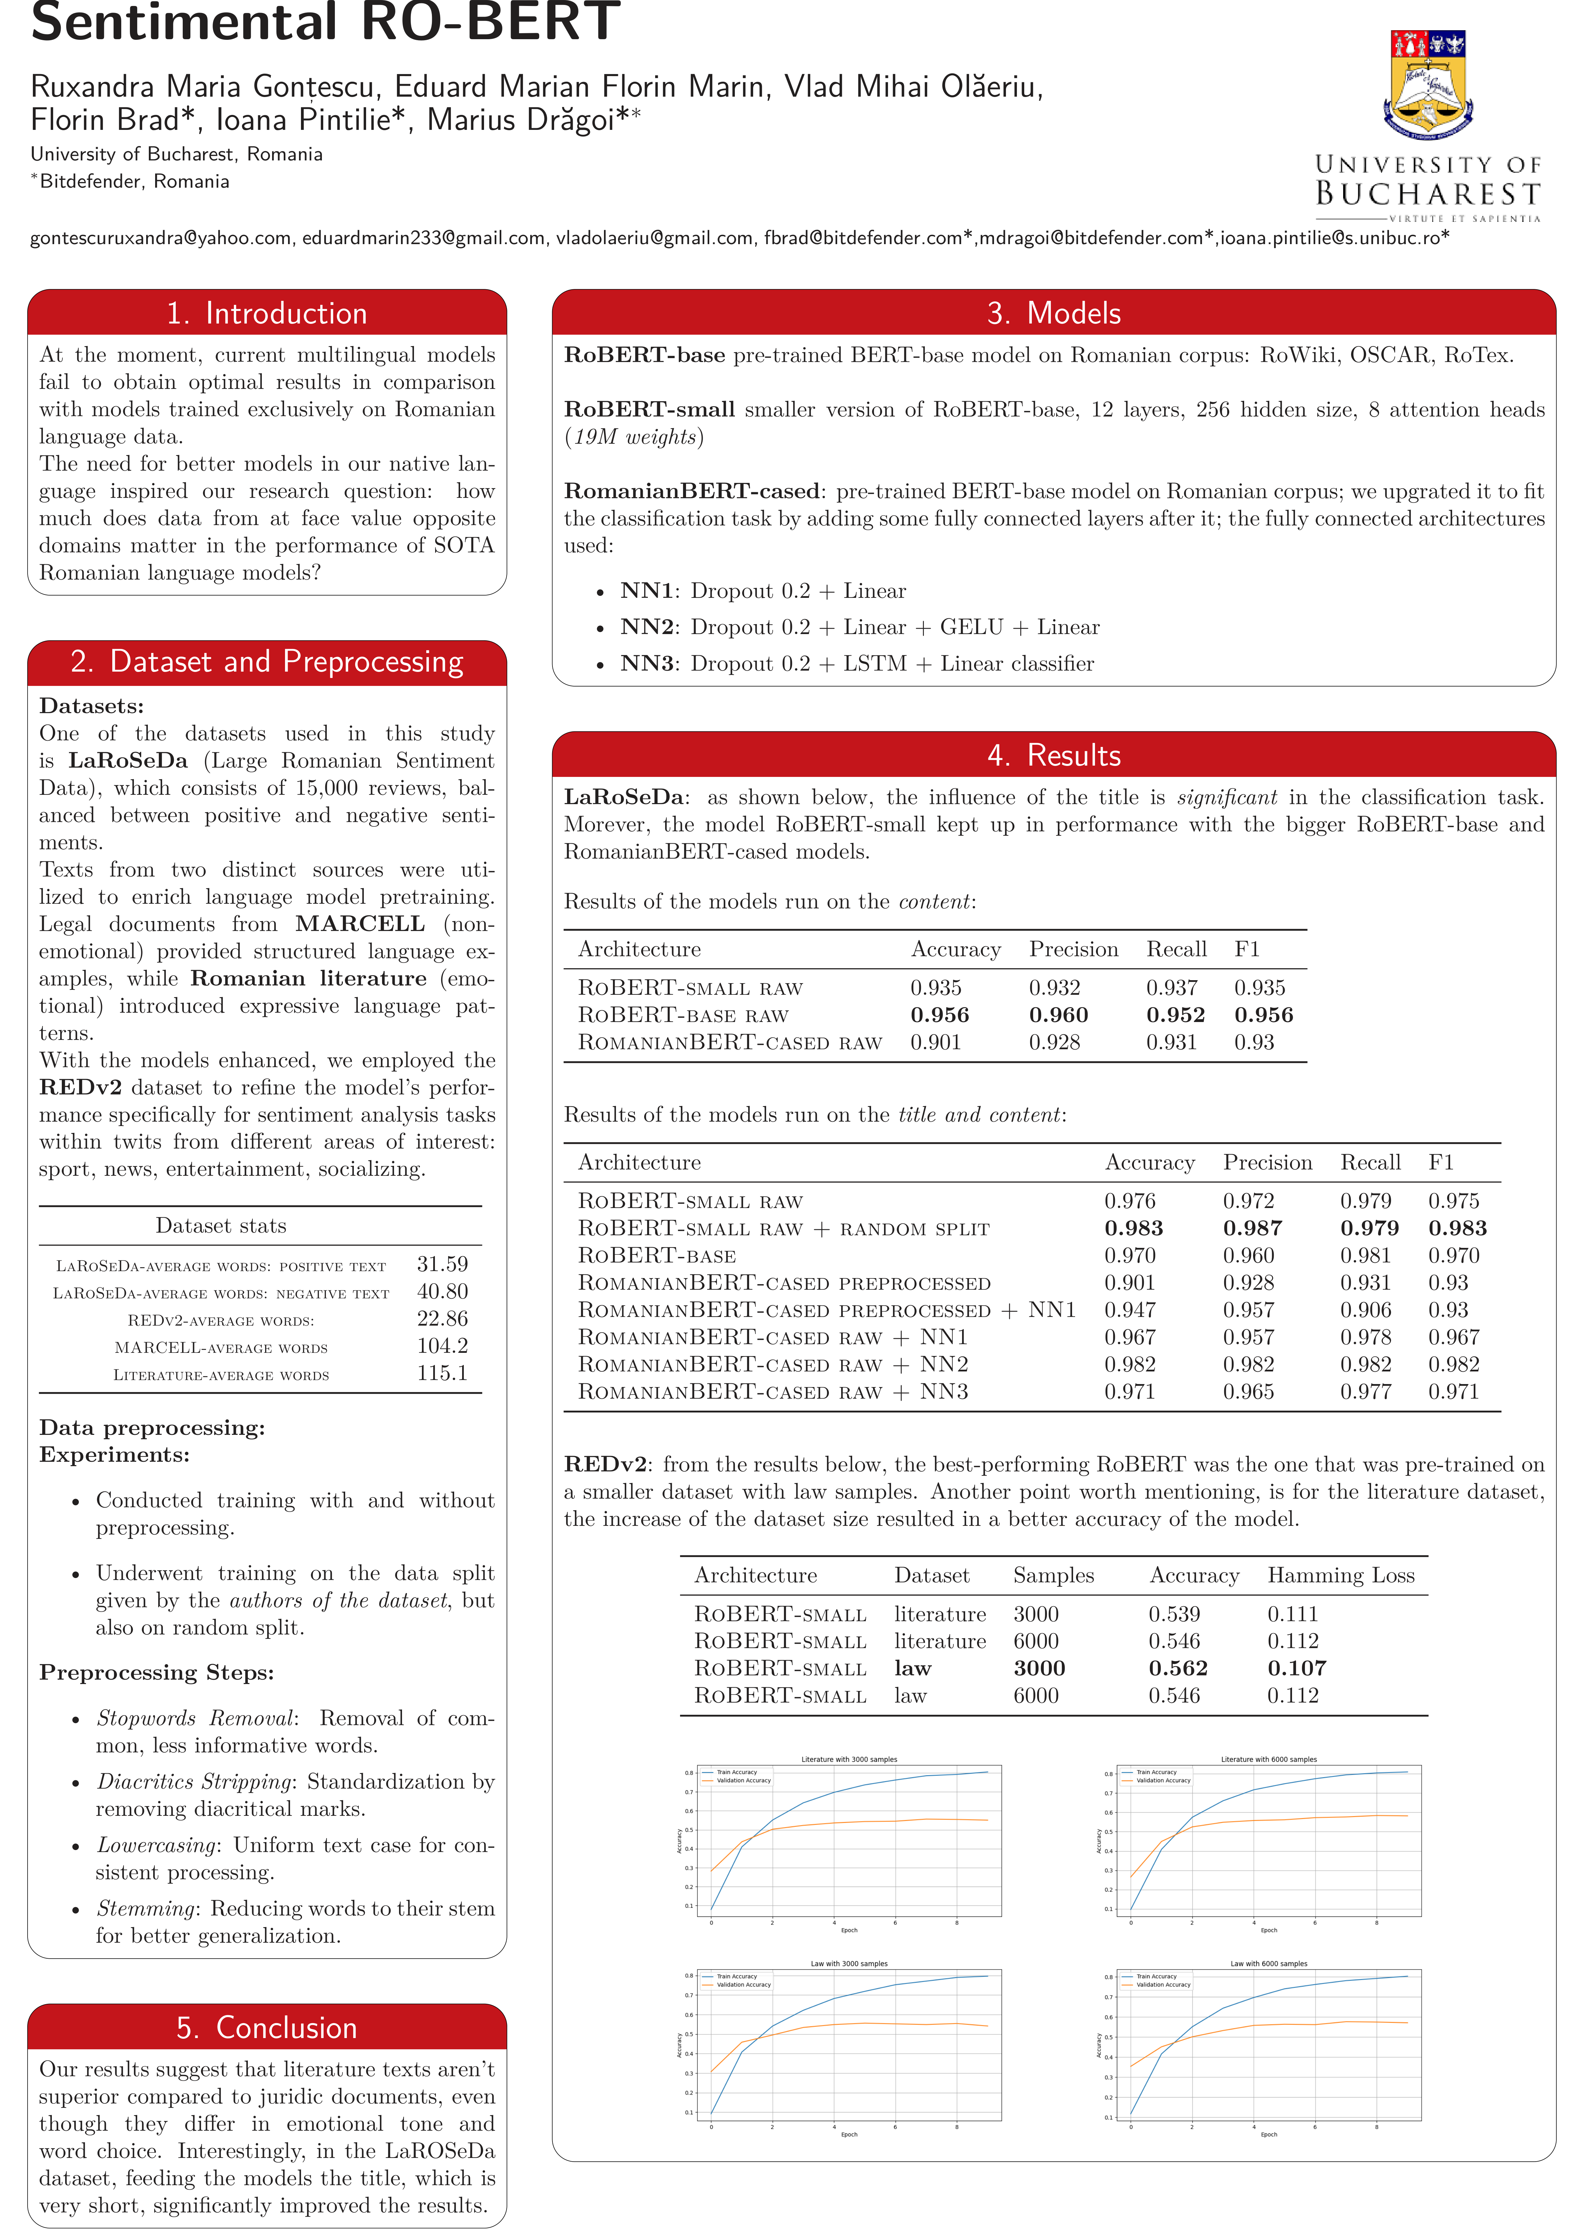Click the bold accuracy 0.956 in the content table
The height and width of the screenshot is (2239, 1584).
coord(939,1015)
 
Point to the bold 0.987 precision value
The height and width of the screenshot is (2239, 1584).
coord(1252,1229)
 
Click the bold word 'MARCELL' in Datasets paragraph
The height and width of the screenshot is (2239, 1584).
coord(360,923)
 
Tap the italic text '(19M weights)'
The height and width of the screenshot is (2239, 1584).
coord(634,437)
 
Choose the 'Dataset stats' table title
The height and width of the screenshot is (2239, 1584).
coord(221,1226)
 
